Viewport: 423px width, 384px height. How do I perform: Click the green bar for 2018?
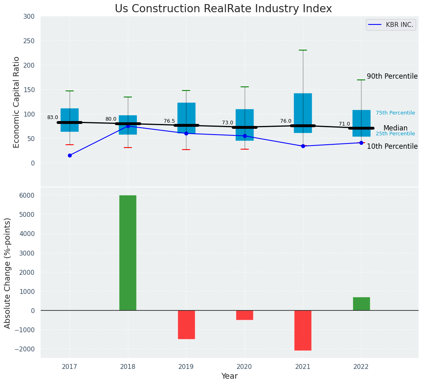128,253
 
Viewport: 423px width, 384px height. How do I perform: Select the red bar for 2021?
303,330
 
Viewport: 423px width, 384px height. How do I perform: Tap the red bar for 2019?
186,324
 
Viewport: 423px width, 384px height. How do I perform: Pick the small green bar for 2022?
361,304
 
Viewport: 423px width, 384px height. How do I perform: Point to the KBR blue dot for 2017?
70,155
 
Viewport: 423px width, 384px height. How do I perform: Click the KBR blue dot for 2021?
303,146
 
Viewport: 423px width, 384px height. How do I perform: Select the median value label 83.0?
53,117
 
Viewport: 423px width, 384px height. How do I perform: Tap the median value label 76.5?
169,121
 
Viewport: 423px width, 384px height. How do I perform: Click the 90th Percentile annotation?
392,76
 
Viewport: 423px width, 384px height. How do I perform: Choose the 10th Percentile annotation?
392,146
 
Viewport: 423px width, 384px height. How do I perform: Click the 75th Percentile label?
395,113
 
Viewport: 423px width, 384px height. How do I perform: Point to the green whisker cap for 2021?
303,50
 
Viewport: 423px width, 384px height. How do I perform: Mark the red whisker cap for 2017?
70,145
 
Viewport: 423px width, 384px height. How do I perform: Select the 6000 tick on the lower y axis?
26,195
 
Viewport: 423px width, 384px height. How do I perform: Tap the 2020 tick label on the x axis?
245,367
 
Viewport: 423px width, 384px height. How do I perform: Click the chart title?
223,9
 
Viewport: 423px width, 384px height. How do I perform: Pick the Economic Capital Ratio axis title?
17,102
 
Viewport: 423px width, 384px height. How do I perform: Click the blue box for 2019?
186,114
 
